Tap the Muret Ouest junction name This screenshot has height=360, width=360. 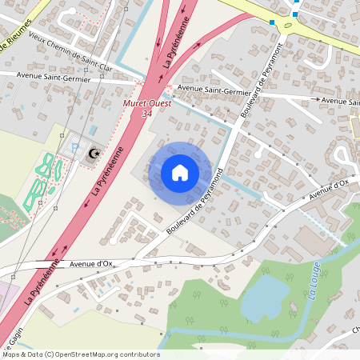click(145, 105)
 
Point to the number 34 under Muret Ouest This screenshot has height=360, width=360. click(146, 114)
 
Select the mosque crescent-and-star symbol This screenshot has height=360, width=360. click(94, 152)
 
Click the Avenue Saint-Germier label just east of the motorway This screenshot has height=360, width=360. click(209, 90)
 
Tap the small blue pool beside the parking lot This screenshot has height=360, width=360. click(94, 129)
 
